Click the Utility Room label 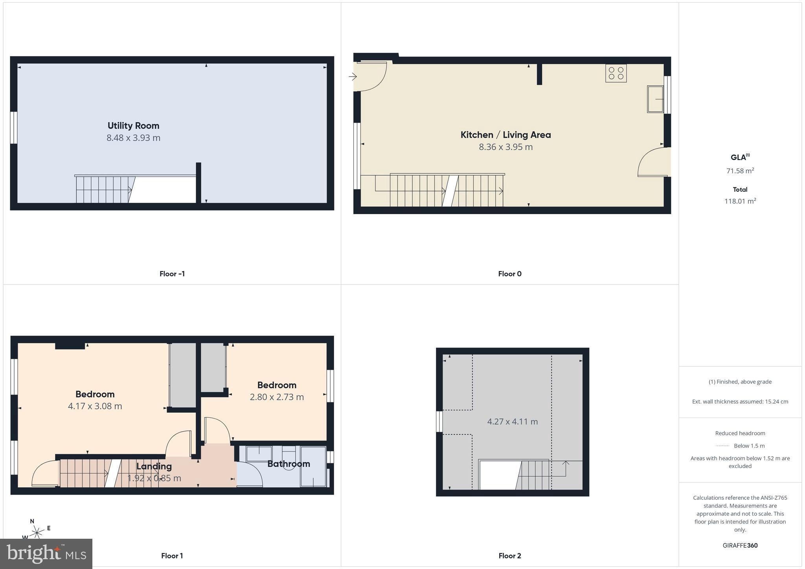pyautogui.click(x=133, y=126)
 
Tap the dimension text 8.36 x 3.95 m pyautogui.click(x=505, y=147)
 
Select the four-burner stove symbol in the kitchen pyautogui.click(x=616, y=73)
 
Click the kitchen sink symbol pyautogui.click(x=655, y=99)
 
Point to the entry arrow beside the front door pyautogui.click(x=352, y=77)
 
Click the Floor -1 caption pyautogui.click(x=172, y=274)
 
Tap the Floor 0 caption pyautogui.click(x=509, y=274)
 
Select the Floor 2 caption pyautogui.click(x=509, y=556)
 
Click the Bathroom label pyautogui.click(x=289, y=464)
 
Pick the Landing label pyautogui.click(x=154, y=466)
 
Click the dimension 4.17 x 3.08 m pyautogui.click(x=95, y=406)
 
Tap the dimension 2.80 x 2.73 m pyautogui.click(x=277, y=397)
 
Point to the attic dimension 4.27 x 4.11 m pyautogui.click(x=512, y=422)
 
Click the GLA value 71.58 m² pyautogui.click(x=740, y=171)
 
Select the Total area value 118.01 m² pyautogui.click(x=740, y=201)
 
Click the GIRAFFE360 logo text pyautogui.click(x=740, y=545)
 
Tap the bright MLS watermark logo pyautogui.click(x=46, y=554)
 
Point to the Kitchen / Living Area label pyautogui.click(x=505, y=135)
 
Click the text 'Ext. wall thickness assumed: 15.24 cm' pyautogui.click(x=740, y=402)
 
